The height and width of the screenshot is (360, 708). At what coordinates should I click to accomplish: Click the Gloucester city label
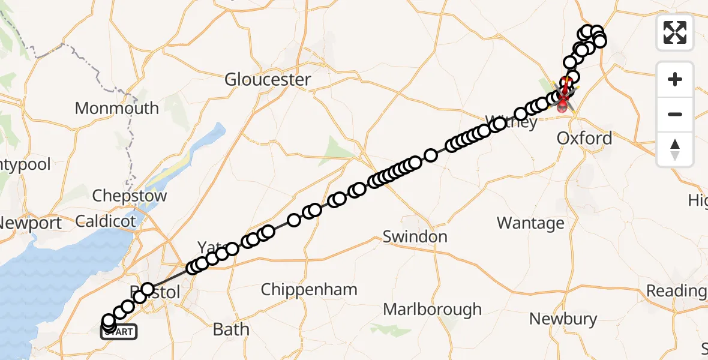click(x=268, y=80)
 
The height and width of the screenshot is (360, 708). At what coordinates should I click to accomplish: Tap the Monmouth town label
click(x=116, y=109)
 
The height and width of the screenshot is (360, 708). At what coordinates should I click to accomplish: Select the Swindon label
click(x=415, y=236)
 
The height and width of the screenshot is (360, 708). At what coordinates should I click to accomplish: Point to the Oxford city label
click(x=584, y=139)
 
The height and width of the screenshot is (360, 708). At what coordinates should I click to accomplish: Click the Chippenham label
click(x=309, y=290)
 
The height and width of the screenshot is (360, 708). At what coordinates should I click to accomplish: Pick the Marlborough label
click(x=432, y=310)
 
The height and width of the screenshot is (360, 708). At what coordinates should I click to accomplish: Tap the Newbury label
click(x=563, y=319)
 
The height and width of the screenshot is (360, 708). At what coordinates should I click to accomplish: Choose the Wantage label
click(x=530, y=223)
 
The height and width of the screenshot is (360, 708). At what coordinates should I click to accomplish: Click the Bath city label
click(x=231, y=329)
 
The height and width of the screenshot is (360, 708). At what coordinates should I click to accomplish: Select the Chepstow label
click(x=129, y=196)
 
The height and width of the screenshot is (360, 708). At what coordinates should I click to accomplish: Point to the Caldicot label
click(x=106, y=221)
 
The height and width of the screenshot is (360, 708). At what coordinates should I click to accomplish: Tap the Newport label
click(x=30, y=223)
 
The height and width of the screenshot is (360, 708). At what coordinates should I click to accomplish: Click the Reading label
click(x=676, y=291)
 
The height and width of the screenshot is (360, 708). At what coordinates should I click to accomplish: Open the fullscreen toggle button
click(x=675, y=32)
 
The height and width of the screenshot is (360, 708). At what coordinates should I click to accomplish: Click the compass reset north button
click(x=675, y=149)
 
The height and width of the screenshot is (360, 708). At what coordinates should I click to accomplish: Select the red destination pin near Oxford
click(x=562, y=107)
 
